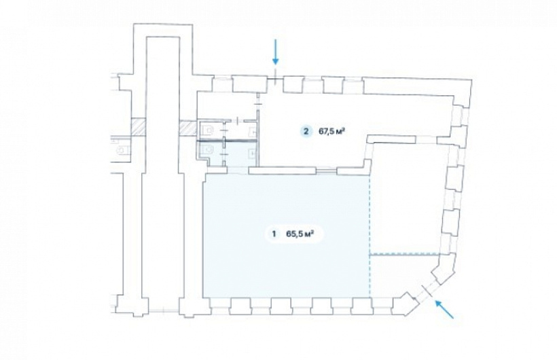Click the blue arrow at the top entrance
tap(275, 52)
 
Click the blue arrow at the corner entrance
tap(445, 309)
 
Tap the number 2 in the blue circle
tap(306, 132)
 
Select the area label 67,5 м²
tap(331, 132)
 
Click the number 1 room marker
tap(274, 234)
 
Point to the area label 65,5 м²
tap(300, 234)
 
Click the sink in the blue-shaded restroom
tap(253, 154)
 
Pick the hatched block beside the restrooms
tap(187, 128)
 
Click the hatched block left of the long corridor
tap(138, 127)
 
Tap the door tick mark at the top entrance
tap(275, 77)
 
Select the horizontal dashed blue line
tap(405, 255)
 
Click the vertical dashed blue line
tap(370, 236)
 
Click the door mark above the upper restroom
tap(237, 121)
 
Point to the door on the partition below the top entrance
tap(258, 103)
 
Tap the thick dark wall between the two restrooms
tap(227, 141)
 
